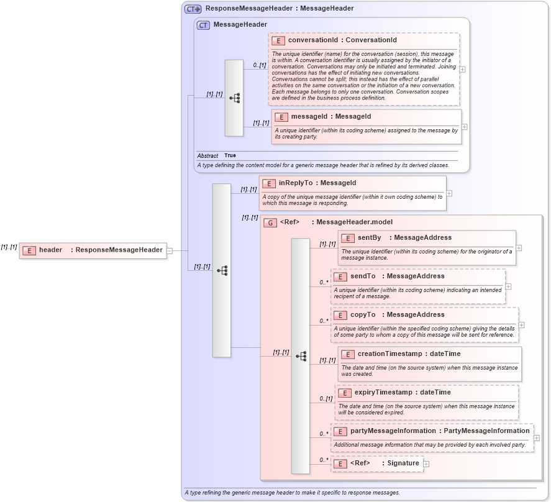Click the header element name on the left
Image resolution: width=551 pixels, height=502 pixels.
[x=50, y=250]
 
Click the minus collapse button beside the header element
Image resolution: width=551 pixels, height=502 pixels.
[x=170, y=250]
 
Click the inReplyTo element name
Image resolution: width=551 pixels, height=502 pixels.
[x=296, y=183]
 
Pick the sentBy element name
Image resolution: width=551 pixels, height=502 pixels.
[x=369, y=237]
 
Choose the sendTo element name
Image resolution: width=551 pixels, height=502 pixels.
[x=363, y=276]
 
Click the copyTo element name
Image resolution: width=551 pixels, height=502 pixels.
[x=363, y=314]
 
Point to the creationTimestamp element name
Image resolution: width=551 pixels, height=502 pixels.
[x=389, y=354]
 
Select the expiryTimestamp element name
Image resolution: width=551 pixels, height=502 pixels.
[x=385, y=392]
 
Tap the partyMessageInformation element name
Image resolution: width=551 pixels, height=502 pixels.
[x=393, y=431]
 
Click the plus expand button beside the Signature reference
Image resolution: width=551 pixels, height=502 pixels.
[x=426, y=463]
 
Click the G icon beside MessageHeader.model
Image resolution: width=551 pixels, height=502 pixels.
[x=270, y=222]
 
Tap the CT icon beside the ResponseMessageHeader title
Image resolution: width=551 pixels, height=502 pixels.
[x=193, y=9]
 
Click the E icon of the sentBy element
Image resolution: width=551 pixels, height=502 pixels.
[x=348, y=238]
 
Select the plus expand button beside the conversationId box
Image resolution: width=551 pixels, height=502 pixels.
[x=462, y=69]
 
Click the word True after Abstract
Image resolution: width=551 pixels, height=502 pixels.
[x=230, y=155]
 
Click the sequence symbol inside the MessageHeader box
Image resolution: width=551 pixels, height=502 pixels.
[x=234, y=98]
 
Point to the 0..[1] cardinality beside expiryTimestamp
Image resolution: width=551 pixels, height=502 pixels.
[x=326, y=398]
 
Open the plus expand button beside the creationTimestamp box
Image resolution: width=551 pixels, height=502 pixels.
[x=524, y=363]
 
